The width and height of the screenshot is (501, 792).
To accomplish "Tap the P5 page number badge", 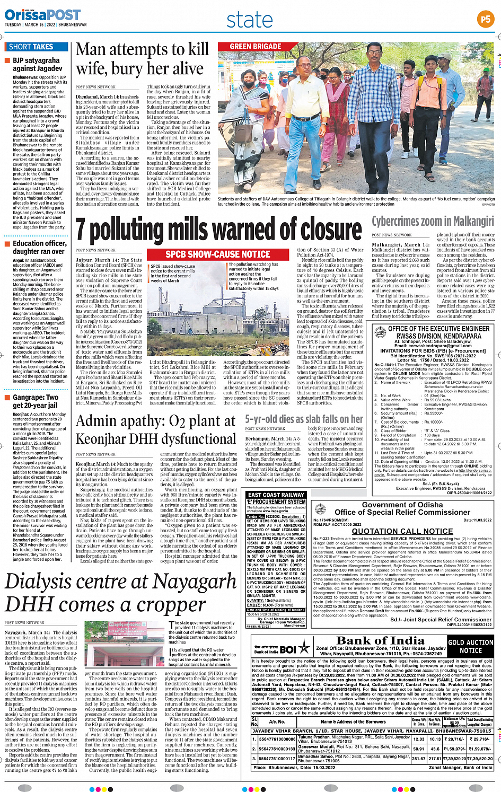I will (x=485, y=20).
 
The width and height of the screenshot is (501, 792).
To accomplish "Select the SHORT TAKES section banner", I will (x=31, y=47).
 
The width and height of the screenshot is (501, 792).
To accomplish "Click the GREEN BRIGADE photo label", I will (x=255, y=47).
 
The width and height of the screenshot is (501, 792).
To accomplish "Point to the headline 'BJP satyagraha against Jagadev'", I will (x=37, y=65).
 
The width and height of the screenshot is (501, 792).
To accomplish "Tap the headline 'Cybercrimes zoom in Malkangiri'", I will (x=433, y=221).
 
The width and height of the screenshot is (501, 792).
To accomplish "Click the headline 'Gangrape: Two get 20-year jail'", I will (x=36, y=401).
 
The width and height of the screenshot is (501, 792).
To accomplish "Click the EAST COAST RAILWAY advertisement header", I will (x=276, y=495).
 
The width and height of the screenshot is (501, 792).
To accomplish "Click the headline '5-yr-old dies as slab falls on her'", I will (x=304, y=419).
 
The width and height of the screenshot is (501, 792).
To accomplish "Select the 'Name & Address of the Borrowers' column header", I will (x=353, y=721).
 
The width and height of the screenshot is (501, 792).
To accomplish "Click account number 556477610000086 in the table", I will (x=277, y=739).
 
